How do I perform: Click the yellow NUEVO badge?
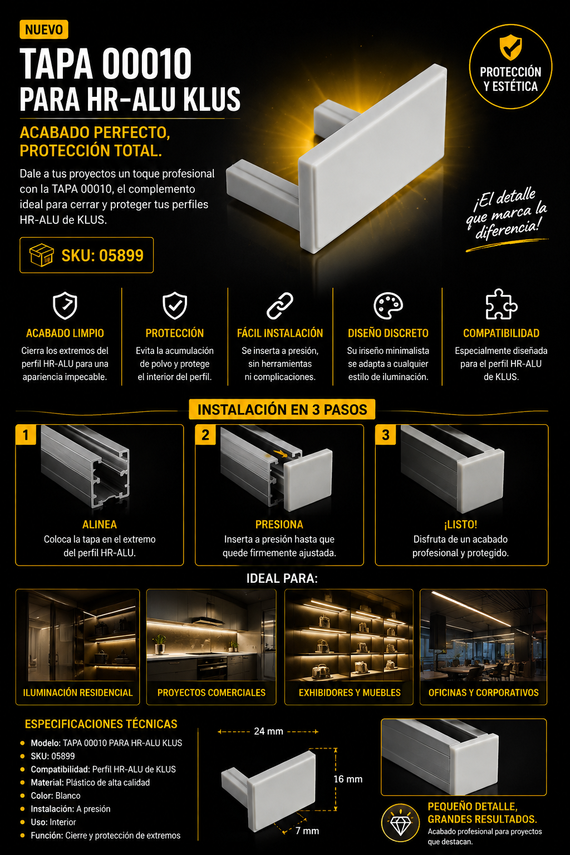44,30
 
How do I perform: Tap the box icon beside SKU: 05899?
42,255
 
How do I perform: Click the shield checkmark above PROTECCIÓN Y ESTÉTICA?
510,47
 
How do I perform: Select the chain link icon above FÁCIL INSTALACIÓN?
280,306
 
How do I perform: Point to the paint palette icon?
388,306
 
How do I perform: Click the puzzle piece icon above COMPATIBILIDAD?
502,304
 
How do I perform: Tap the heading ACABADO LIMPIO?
65,333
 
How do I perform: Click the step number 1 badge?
26,435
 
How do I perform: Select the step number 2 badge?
205,435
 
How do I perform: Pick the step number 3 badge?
386,435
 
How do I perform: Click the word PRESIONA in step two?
279,524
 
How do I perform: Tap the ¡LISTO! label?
460,524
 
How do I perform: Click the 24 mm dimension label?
268,731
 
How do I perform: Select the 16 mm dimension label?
348,779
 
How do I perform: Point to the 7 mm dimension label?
307,831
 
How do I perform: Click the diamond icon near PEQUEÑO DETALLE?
400,823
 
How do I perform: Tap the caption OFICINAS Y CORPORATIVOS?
483,692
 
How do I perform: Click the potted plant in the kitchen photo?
160,644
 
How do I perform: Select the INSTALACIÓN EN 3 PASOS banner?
282,410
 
